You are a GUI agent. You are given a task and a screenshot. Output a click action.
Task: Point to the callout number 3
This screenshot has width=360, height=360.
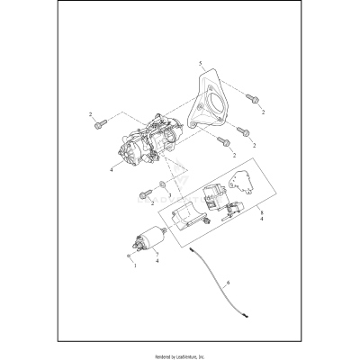[169, 193]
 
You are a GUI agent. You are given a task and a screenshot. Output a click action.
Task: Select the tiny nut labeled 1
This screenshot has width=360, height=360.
[131, 256]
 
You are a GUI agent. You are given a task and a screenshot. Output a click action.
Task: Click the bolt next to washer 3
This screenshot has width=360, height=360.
[143, 192]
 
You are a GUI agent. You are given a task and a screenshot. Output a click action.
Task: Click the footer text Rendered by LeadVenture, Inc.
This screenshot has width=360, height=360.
[180, 349]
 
